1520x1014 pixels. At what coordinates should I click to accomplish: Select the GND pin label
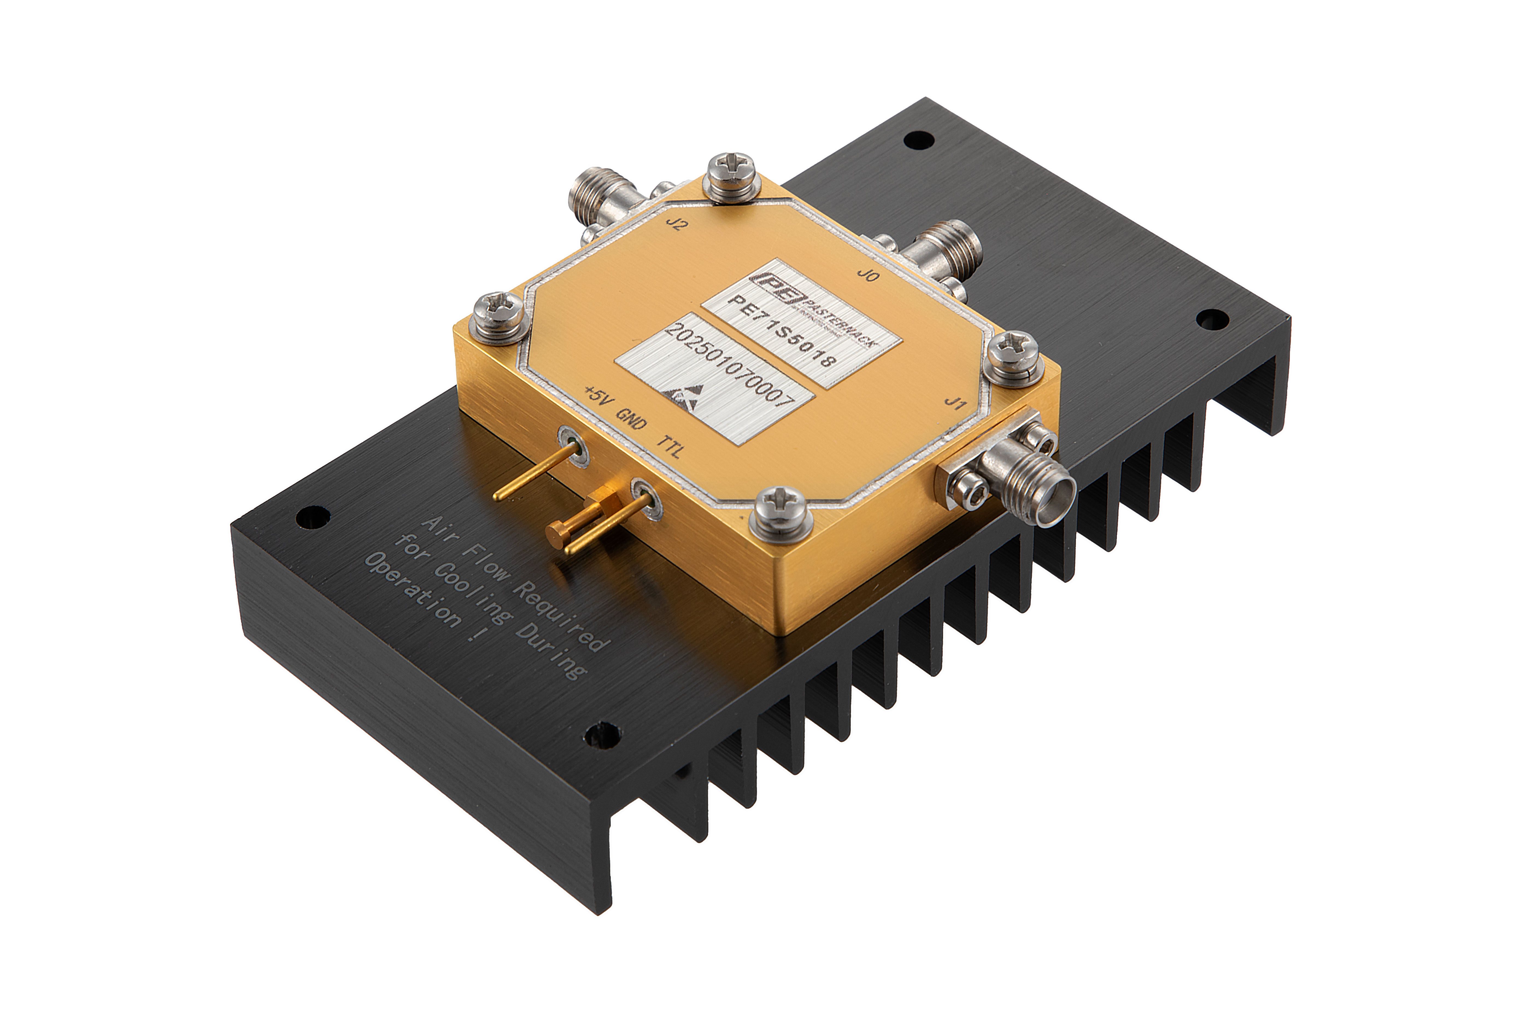click(631, 419)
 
